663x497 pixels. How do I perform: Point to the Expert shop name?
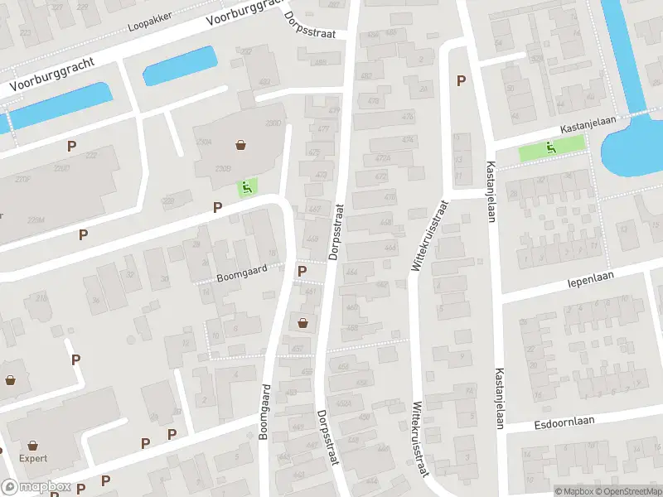tap(33, 458)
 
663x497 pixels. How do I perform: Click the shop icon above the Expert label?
tap(33, 445)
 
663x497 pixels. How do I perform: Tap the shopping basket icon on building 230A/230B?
tap(241, 145)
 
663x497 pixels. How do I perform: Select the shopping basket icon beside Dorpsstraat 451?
tap(302, 323)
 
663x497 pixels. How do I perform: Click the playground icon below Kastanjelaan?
tap(550, 148)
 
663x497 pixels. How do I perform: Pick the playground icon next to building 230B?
tap(245, 187)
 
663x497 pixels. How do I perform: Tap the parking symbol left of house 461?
tap(302, 271)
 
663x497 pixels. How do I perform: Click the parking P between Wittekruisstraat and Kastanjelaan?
tap(461, 80)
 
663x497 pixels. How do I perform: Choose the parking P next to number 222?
tap(72, 145)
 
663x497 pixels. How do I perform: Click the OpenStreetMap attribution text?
tap(626, 491)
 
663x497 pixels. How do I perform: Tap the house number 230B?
tap(223, 169)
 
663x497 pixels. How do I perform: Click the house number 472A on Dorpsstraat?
tap(381, 157)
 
